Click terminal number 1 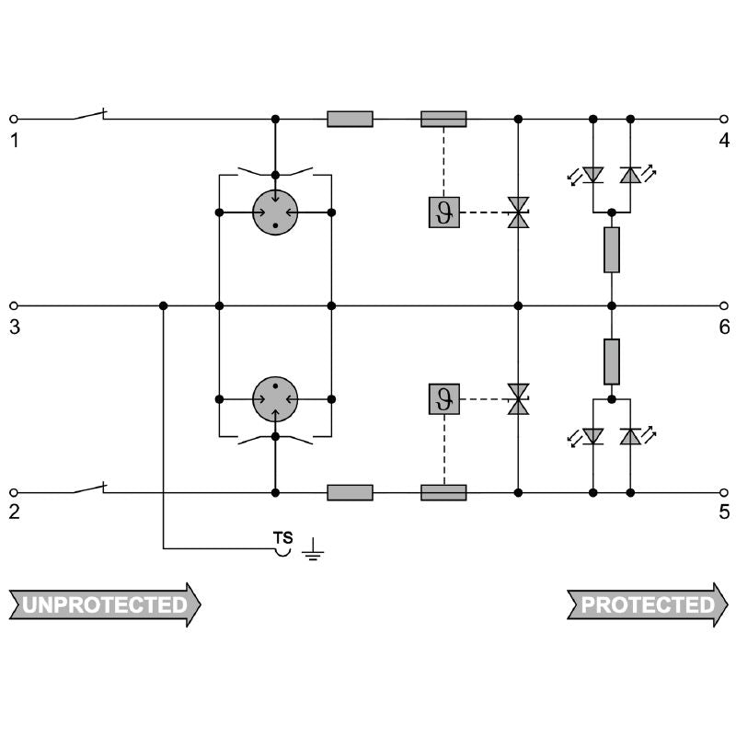[x=14, y=142]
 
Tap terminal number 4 [x=724, y=142]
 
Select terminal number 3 [x=14, y=328]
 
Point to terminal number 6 [x=724, y=328]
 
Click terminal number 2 [x=14, y=513]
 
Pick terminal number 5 [x=724, y=513]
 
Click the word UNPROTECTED [x=104, y=604]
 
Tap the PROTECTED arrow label [x=648, y=604]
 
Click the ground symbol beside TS [x=313, y=551]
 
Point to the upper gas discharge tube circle [x=275, y=213]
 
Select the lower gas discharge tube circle [x=275, y=399]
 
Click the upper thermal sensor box [x=443, y=213]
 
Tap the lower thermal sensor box [x=443, y=399]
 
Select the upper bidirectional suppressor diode [x=519, y=213]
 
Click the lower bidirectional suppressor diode [x=519, y=399]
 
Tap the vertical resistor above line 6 [x=612, y=249]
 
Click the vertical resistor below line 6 [x=612, y=362]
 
